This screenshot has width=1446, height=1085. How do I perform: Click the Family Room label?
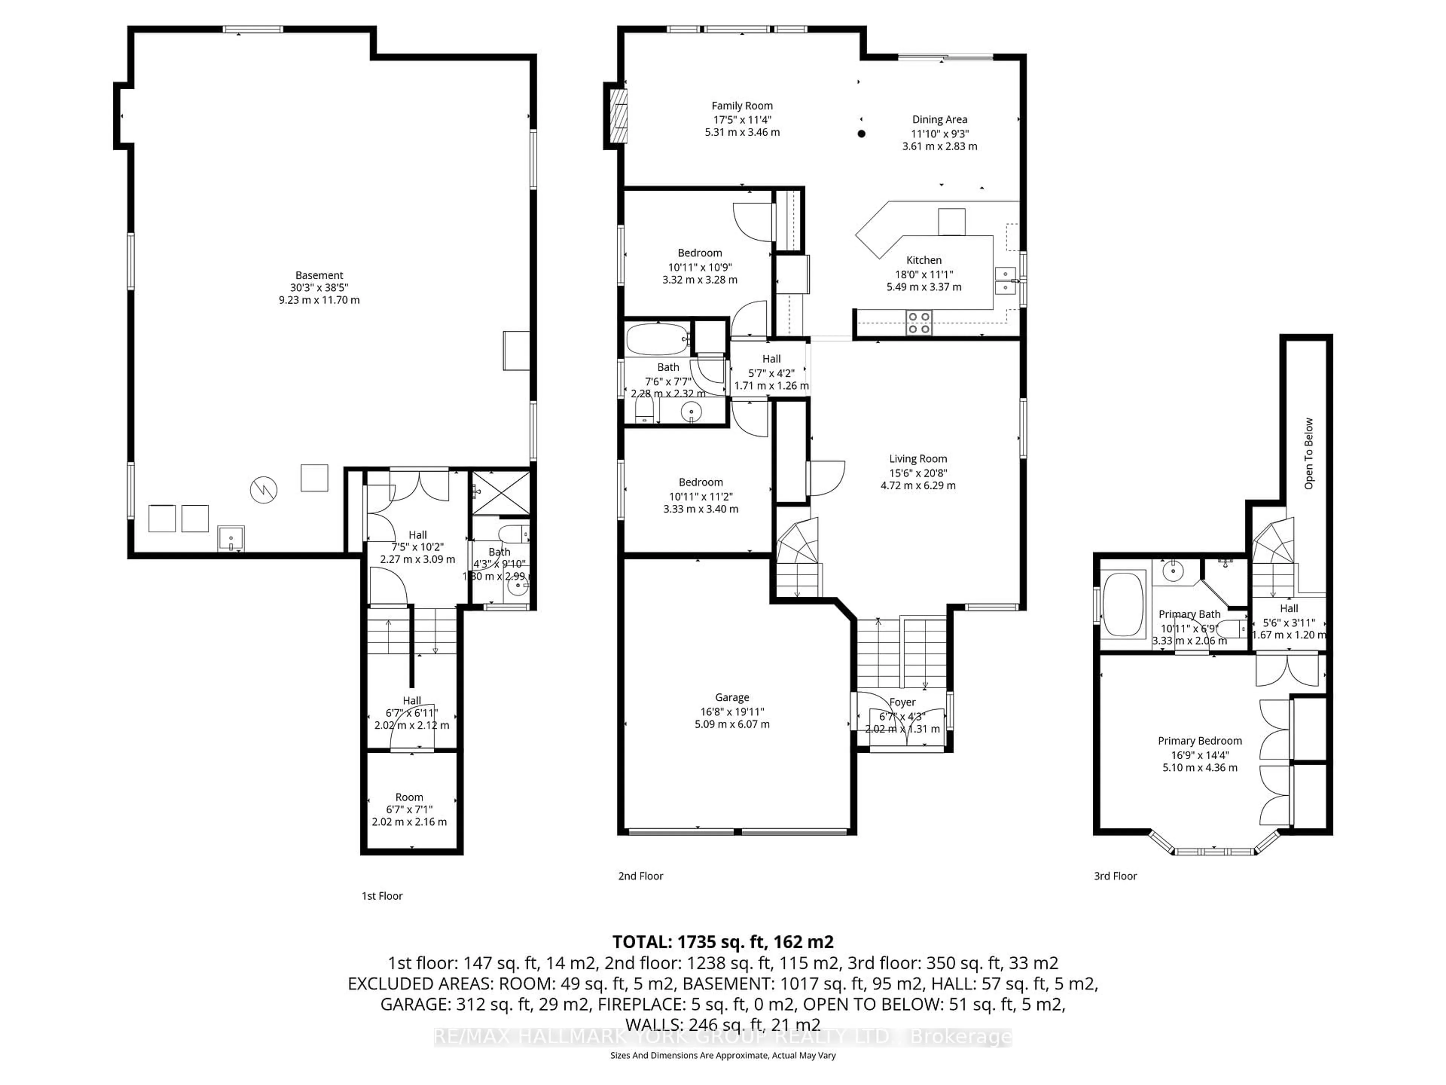coord(742,106)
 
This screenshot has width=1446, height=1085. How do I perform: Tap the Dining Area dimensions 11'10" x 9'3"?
coord(940,133)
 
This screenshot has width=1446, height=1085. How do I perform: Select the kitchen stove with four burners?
coord(918,322)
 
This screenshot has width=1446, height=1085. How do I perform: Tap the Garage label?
coord(732,697)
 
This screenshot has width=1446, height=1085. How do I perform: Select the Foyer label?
coord(902,702)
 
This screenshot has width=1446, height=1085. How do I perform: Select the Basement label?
coord(319,275)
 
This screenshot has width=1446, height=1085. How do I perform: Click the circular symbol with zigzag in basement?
coord(264,489)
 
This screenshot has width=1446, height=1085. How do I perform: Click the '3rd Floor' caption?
coord(1115,876)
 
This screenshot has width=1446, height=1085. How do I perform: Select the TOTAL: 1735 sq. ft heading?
coord(722,942)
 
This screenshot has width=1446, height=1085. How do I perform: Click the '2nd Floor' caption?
coord(641,876)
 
